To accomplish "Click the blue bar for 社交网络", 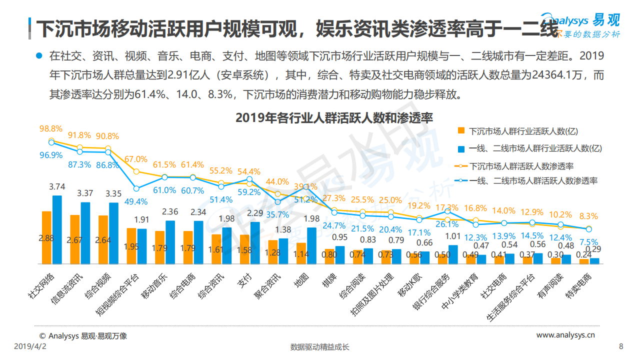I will [x=57, y=229].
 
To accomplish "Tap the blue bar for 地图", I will [x=312, y=245].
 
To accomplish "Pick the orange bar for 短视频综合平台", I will [x=131, y=245].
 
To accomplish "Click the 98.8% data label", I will [x=51, y=128].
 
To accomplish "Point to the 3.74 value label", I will [x=57, y=186].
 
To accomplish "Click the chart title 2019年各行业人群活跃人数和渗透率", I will [x=333, y=118].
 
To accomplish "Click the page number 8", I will [x=621, y=346].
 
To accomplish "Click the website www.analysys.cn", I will [x=565, y=335].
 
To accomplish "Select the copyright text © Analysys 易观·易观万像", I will [x=83, y=336].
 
